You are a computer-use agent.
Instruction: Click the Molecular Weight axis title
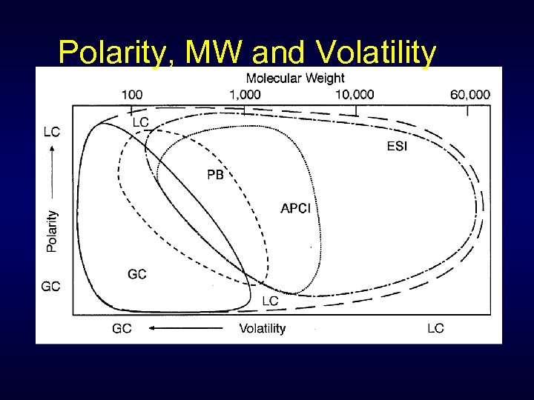pyautogui.click(x=295, y=79)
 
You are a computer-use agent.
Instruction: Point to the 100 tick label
pyautogui.click(x=132, y=94)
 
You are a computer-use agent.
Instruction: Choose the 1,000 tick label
pyautogui.click(x=245, y=94)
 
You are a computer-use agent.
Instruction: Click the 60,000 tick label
pyautogui.click(x=469, y=94)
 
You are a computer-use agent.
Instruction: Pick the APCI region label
pyautogui.click(x=295, y=208)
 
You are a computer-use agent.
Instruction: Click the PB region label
pyautogui.click(x=215, y=176)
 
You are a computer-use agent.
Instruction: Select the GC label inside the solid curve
pyautogui.click(x=137, y=274)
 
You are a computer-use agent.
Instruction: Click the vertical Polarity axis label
pyautogui.click(x=52, y=231)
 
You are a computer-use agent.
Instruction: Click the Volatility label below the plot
pyautogui.click(x=262, y=328)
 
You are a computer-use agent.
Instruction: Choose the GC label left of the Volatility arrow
pyautogui.click(x=122, y=328)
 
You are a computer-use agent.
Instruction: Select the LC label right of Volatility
pyautogui.click(x=435, y=328)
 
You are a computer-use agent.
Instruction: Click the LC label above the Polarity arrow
pyautogui.click(x=52, y=132)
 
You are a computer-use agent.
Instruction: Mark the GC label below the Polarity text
pyautogui.click(x=51, y=286)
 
